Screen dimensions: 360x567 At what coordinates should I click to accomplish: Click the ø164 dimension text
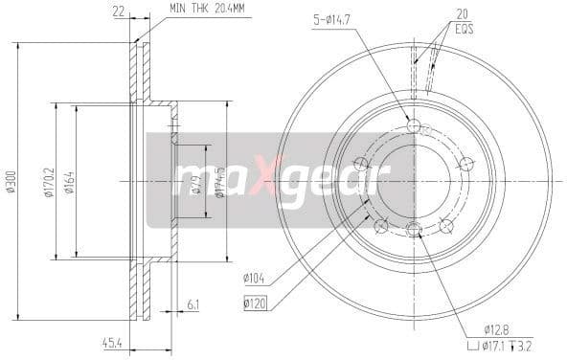click(x=68, y=181)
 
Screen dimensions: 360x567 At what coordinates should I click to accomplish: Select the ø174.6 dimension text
click(x=219, y=181)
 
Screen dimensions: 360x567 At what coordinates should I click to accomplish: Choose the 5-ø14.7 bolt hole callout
click(x=337, y=18)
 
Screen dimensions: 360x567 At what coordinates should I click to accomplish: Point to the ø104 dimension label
click(x=254, y=279)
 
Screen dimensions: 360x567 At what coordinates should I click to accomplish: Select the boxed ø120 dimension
click(x=254, y=304)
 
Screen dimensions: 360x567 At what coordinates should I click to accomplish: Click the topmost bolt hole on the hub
click(x=414, y=126)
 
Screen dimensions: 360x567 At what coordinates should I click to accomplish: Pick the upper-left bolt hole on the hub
click(x=360, y=163)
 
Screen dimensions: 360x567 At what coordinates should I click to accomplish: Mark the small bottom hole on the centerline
click(x=414, y=229)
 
